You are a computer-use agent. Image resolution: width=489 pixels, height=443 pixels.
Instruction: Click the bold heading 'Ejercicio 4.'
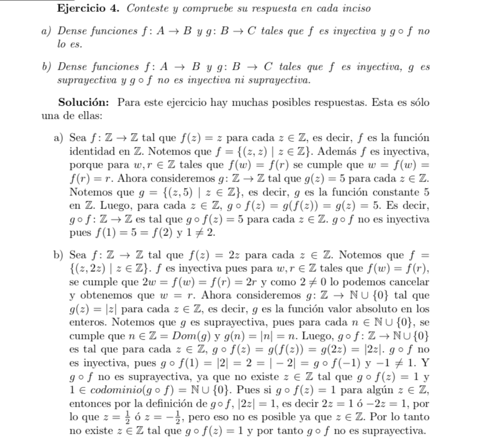pos(88,8)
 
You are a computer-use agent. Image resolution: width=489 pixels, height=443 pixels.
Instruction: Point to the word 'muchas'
pos(256,102)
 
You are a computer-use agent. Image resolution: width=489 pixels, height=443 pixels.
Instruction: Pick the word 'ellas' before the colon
pos(89,115)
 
